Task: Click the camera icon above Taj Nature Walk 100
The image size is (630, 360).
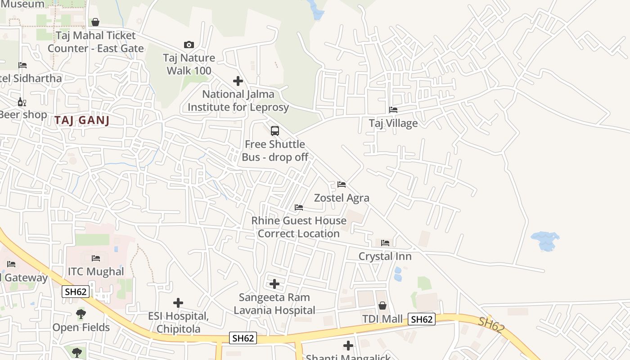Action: tap(189, 45)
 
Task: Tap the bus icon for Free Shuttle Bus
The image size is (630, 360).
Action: tap(274, 131)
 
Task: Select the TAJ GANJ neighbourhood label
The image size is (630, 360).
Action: tap(82, 120)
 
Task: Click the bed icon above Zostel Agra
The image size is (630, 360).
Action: tap(342, 184)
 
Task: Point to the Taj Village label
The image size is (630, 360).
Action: tap(393, 123)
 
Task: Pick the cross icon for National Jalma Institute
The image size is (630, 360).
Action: tap(238, 81)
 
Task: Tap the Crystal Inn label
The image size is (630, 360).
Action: tap(385, 256)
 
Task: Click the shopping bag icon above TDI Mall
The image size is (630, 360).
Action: tap(382, 306)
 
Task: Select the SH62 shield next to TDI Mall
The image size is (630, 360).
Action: tap(422, 319)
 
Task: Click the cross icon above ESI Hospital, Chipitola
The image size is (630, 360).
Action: tap(178, 303)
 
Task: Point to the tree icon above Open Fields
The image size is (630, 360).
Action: tap(81, 314)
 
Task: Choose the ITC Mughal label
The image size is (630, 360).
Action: tap(95, 271)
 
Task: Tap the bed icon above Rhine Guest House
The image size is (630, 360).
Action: tap(299, 207)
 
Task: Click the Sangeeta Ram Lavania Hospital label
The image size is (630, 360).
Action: tap(274, 304)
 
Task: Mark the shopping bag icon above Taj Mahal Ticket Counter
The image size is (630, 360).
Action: tap(95, 22)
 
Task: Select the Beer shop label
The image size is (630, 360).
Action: tap(22, 115)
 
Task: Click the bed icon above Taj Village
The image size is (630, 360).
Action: tap(393, 110)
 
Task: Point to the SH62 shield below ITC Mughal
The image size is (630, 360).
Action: tap(76, 292)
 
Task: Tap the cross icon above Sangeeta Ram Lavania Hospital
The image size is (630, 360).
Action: tap(274, 284)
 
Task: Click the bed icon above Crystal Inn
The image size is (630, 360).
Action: tap(385, 243)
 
